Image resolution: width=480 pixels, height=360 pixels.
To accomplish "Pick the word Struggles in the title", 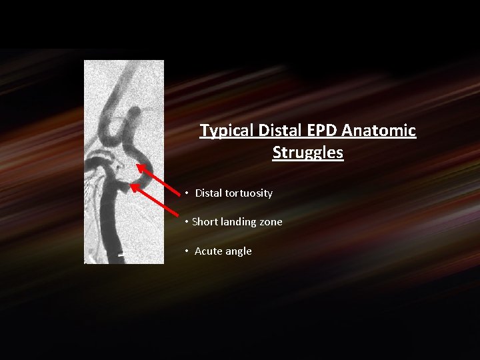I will point(307,153).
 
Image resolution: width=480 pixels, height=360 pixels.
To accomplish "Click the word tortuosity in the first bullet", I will point(248,193).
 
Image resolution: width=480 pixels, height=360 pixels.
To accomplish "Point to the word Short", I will point(205,222).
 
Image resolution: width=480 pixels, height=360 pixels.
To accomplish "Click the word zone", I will point(272,222).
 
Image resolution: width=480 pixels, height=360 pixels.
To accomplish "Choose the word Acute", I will point(209,251).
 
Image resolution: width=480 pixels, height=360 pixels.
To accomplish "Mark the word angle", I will point(239,251).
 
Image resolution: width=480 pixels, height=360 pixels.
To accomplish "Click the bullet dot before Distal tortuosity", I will point(188,193).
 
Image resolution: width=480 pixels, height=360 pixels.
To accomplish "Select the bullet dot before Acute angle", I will point(188,251).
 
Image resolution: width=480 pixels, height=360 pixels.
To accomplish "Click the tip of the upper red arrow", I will point(138,165).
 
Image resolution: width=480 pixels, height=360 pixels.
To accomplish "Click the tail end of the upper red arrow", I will point(181,196).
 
